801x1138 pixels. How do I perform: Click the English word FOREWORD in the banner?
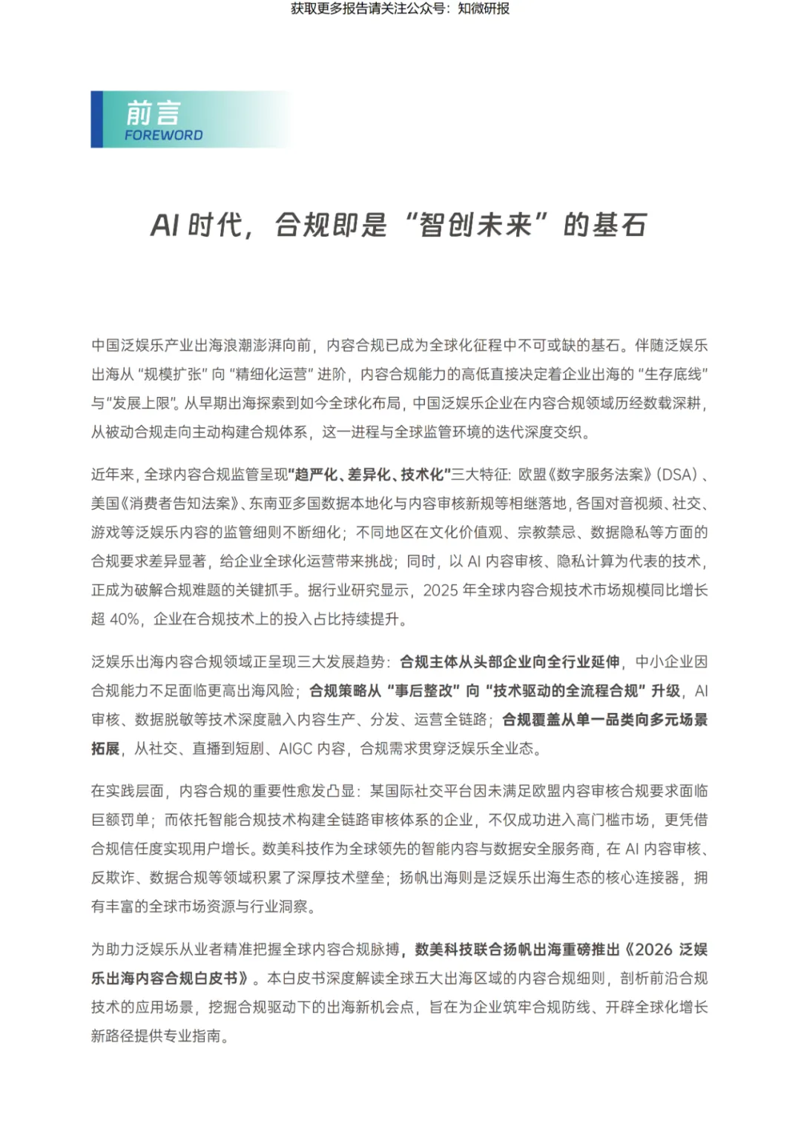click(163, 135)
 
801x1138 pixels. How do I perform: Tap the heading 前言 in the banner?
click(153, 113)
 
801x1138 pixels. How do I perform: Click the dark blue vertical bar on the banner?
click(96, 119)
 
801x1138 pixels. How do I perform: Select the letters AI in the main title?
click(165, 225)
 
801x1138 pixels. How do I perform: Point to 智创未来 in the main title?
click(475, 225)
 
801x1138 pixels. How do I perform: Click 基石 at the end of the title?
click(619, 225)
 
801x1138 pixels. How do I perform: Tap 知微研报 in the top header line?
click(484, 9)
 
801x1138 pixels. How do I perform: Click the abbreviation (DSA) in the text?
click(677, 475)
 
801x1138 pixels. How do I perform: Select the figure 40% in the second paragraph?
click(125, 619)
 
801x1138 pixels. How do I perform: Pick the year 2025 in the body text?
click(441, 590)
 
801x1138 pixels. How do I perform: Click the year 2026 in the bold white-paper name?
click(653, 950)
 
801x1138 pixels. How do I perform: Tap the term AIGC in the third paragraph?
click(296, 749)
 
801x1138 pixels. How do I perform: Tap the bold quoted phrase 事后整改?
click(423, 691)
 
